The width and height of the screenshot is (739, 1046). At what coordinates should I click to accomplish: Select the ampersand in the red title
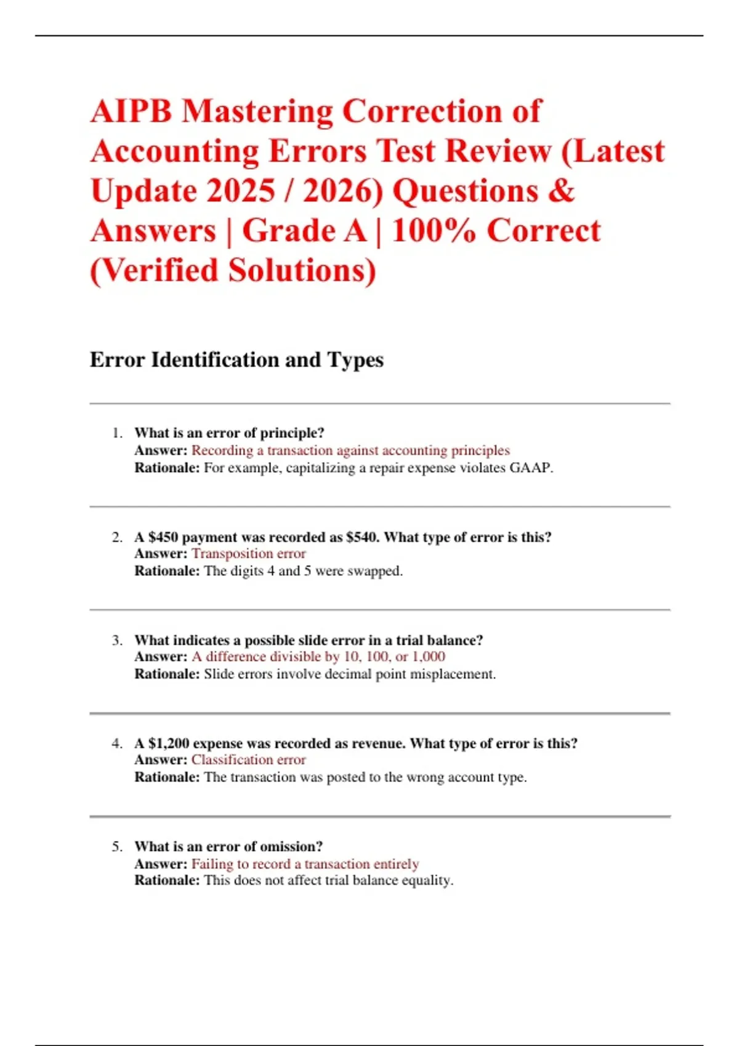click(560, 191)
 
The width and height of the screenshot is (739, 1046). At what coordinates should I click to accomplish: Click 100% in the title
click(434, 231)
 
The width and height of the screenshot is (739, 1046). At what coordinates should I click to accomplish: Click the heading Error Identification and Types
click(236, 360)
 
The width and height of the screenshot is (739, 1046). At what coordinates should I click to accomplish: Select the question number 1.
click(117, 433)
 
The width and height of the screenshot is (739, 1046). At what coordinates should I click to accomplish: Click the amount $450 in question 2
click(163, 537)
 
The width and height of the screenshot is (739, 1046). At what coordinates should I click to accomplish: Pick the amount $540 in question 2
click(363, 537)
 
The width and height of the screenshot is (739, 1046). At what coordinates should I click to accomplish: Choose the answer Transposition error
click(249, 554)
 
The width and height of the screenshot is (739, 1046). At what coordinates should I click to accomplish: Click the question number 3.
click(117, 641)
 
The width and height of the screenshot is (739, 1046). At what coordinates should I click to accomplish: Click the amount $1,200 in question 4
click(169, 743)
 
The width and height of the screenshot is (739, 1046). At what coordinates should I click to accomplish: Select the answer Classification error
click(249, 760)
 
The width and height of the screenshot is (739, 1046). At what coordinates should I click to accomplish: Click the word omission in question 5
click(291, 847)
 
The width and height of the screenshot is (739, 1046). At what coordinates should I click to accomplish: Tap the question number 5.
click(117, 847)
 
